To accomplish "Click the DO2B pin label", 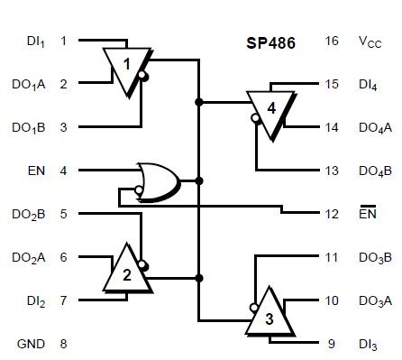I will pos(30,214).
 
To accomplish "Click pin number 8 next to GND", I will pos(63,344).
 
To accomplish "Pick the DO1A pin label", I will pos(30,85).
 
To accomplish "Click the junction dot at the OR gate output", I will pos(198,180).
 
